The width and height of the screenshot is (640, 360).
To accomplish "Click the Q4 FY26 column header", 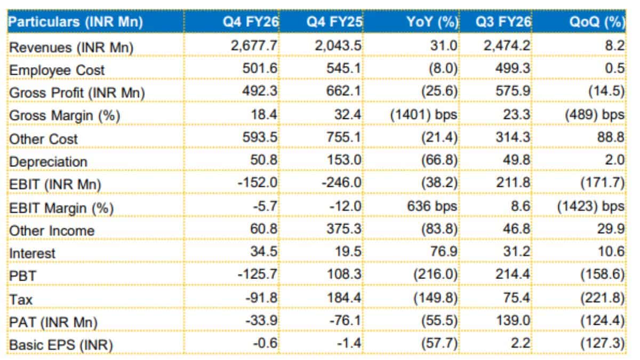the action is [250, 22].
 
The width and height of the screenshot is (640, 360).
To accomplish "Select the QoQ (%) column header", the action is [597, 22].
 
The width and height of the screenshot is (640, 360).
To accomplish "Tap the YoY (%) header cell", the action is [431, 22].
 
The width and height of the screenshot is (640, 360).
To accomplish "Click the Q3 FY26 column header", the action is [503, 22].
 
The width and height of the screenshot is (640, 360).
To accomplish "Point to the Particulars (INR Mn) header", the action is [75, 22].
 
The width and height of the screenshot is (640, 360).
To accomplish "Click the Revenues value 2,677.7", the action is [254, 46].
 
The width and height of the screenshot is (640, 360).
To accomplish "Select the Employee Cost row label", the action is [57, 70].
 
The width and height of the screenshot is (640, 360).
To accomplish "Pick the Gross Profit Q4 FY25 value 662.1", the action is [343, 91].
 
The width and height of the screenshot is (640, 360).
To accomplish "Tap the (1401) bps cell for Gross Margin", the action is [423, 115].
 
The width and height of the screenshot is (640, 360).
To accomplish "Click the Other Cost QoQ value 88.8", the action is [611, 137].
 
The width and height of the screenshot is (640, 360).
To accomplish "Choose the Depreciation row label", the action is [48, 162].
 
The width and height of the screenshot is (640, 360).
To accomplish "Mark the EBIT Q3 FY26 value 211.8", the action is [513, 182].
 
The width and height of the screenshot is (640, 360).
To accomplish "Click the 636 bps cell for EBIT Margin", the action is [432, 206].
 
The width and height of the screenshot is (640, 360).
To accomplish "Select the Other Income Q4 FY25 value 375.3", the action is [344, 229].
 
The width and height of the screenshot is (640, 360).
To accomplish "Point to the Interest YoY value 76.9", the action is [444, 251].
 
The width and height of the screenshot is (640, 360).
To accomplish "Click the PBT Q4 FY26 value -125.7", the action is [258, 274].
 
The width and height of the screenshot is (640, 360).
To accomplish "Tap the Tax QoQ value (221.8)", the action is [602, 298].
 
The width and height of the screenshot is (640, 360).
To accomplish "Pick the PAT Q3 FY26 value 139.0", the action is [513, 321].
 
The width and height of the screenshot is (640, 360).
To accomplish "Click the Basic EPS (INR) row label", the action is [61, 345].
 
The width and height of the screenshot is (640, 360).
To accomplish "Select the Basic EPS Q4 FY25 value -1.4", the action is [349, 343].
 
